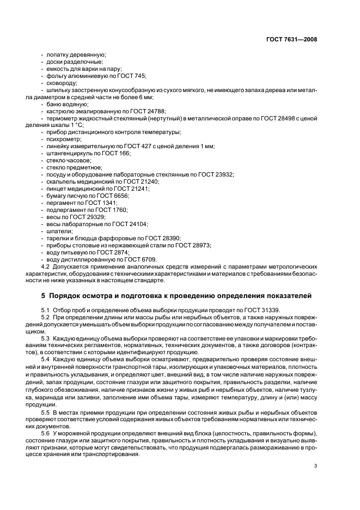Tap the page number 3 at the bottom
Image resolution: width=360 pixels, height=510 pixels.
[315, 465]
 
